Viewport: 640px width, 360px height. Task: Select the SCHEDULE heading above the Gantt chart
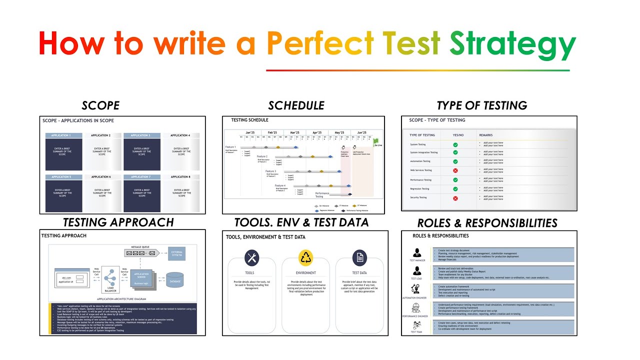296,105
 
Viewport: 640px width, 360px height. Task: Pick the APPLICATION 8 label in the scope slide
180,177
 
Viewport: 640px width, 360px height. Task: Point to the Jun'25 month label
362,133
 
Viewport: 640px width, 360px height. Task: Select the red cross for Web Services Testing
455,170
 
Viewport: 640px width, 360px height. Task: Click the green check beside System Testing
455,144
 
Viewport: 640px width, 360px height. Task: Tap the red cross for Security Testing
455,198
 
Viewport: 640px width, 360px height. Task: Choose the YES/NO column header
457,135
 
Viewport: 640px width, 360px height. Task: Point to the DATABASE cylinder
174,280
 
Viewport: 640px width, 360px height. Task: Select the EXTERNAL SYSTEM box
176,253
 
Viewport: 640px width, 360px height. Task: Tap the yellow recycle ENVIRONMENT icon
305,258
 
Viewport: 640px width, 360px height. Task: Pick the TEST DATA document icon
359,258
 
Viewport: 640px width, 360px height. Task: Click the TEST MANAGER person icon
417,253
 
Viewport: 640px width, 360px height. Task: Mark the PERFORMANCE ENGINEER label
415,316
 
